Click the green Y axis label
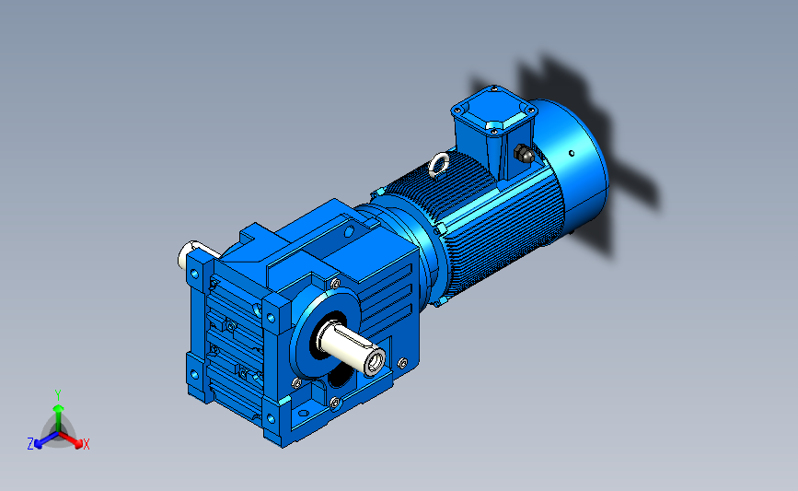[x=57, y=395]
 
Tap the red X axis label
[x=86, y=444]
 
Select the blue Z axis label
[x=30, y=444]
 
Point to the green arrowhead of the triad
[x=59, y=408]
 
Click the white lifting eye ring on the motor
[x=438, y=165]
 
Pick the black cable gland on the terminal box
[x=523, y=153]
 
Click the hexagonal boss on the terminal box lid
[x=494, y=125]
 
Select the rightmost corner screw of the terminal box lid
[x=531, y=111]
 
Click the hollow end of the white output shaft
[x=375, y=361]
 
